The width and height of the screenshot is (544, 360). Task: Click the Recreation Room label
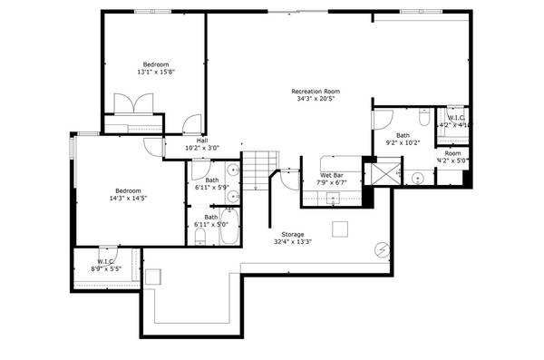[x=315, y=91]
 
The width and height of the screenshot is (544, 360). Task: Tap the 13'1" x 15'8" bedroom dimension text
[x=155, y=72]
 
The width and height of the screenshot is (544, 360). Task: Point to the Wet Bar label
[x=331, y=175]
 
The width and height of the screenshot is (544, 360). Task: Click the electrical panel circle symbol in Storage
[x=382, y=248]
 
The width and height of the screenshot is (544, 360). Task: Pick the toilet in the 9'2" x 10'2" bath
[x=423, y=119]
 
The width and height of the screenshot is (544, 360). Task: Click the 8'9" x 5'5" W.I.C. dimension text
[x=106, y=269]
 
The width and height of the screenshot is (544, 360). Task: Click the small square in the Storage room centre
[x=340, y=227]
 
